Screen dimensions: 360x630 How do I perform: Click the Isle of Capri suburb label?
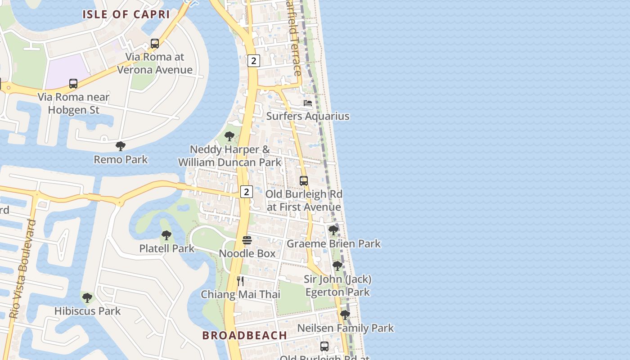(126, 14)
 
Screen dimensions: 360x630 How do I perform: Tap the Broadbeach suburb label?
(244, 335)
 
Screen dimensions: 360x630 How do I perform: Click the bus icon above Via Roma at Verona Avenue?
(155, 44)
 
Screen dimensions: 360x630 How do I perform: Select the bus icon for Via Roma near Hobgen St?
(73, 84)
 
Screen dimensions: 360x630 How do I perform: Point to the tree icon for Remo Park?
(120, 146)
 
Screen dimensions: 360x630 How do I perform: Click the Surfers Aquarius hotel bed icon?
(308, 103)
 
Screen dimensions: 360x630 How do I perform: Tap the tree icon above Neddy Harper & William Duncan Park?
(229, 136)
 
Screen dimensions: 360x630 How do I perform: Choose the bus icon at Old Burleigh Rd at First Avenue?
(304, 181)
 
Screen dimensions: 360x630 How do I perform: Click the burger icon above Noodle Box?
(247, 240)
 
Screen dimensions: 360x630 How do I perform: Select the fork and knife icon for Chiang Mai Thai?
(240, 281)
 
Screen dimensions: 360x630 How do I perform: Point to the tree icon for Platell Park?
(166, 235)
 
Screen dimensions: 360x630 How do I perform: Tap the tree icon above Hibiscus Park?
(87, 298)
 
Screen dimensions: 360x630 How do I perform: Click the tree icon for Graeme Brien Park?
(333, 230)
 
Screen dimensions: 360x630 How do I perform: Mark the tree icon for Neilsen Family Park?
(345, 315)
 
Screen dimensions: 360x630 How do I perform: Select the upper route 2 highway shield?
(254, 61)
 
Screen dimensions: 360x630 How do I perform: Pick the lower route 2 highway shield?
(246, 192)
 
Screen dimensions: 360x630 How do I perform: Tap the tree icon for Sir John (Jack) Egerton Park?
(337, 266)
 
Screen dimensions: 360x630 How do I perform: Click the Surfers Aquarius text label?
(308, 116)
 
